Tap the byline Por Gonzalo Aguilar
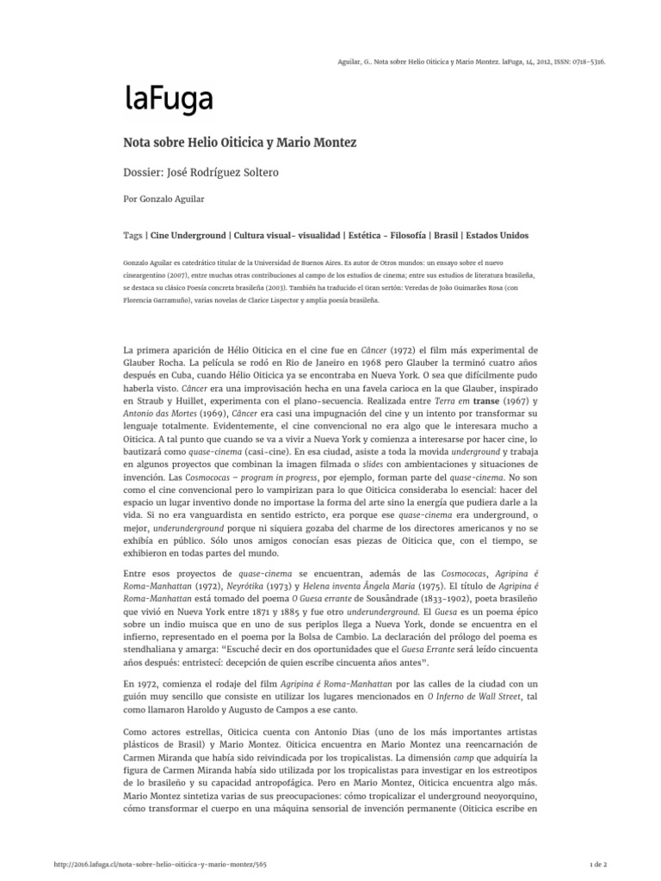coord(170,197)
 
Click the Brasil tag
coord(445,235)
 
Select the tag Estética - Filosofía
coord(377,235)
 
